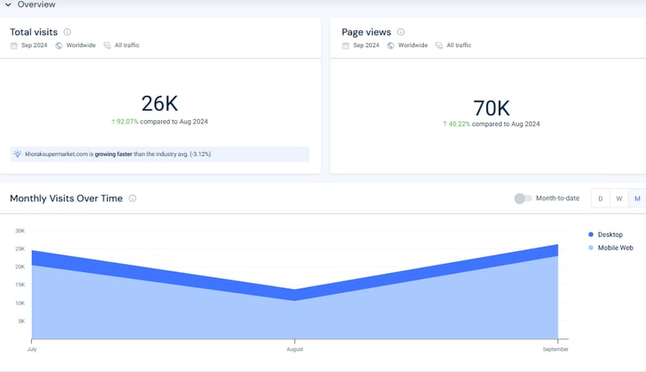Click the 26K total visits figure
pos(160,103)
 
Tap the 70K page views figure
pos(491,107)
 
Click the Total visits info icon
pos(67,32)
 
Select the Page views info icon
pos(400,32)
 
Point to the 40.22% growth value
pos(458,124)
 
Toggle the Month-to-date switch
pos(522,198)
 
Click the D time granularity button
pos(601,198)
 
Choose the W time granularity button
pos(619,198)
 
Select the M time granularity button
pos(637,198)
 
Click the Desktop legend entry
pos(609,234)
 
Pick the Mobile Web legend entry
pos(614,248)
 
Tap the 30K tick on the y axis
pos(20,230)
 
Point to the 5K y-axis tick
pos(21,322)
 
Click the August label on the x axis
pos(294,348)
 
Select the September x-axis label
pos(556,348)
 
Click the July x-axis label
pos(32,348)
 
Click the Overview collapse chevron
pos(8,5)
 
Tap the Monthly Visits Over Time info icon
pos(133,199)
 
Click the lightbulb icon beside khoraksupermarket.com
pos(18,155)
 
